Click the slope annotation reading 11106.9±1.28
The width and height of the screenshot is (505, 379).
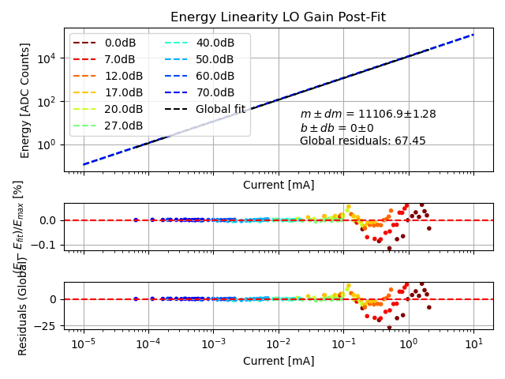(x=368, y=114)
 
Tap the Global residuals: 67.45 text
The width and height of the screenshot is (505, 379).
(x=362, y=141)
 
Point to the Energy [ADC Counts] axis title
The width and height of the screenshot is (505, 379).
(x=25, y=100)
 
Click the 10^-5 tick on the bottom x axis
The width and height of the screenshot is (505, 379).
(x=84, y=343)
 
